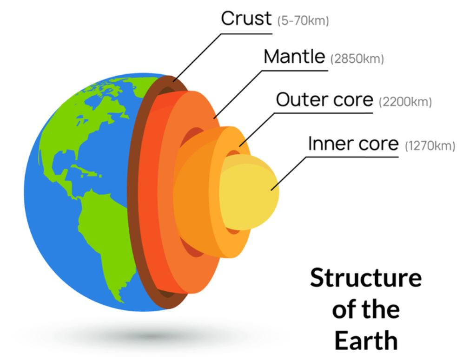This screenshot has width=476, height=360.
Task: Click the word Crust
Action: click(x=246, y=18)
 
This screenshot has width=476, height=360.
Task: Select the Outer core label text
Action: click(x=324, y=99)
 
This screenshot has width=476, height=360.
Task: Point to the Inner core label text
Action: click(x=353, y=143)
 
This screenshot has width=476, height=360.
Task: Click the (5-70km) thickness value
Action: click(x=303, y=21)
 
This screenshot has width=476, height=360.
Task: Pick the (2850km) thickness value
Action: click(x=357, y=59)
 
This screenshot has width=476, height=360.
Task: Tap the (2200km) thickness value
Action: click(x=405, y=102)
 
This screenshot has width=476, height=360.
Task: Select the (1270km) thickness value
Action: click(x=430, y=145)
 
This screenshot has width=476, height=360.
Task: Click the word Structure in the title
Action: click(x=366, y=277)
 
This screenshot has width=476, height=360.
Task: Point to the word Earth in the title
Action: click(x=366, y=340)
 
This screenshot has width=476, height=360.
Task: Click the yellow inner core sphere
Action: click(x=249, y=192)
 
